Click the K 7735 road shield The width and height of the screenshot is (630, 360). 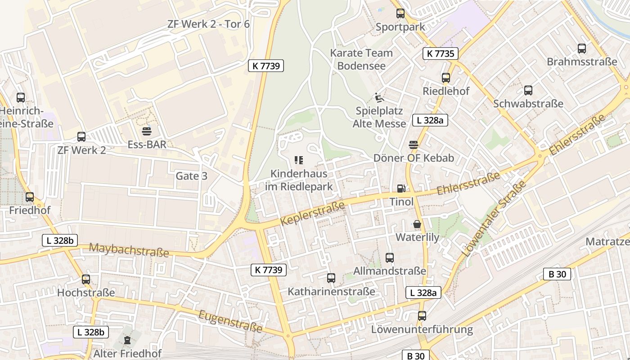pyautogui.click(x=440, y=54)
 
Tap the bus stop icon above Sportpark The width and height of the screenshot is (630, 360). pyautogui.click(x=400, y=13)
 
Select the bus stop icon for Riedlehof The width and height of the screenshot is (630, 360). pyautogui.click(x=445, y=78)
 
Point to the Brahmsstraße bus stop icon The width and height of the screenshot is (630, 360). pyautogui.click(x=581, y=49)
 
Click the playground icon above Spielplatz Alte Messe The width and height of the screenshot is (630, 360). pyautogui.click(x=379, y=97)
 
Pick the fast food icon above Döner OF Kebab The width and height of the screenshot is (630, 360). pyautogui.click(x=413, y=145)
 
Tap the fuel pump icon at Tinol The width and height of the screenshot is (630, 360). pyautogui.click(x=400, y=189)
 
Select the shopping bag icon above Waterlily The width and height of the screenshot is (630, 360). pyautogui.click(x=417, y=224)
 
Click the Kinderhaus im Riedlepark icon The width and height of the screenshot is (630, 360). pyautogui.click(x=299, y=160)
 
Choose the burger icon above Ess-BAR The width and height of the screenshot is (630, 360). pyautogui.click(x=147, y=131)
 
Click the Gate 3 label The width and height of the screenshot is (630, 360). pyautogui.click(x=191, y=176)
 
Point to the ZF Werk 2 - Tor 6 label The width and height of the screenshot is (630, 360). pyautogui.click(x=208, y=24)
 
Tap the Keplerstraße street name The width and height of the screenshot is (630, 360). pyautogui.click(x=312, y=214)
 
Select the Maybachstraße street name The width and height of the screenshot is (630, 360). pyautogui.click(x=129, y=250)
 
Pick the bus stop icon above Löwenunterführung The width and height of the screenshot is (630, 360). pyautogui.click(x=422, y=316)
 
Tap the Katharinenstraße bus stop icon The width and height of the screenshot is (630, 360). pyautogui.click(x=331, y=278)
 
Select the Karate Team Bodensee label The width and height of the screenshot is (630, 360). pyautogui.click(x=361, y=59)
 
